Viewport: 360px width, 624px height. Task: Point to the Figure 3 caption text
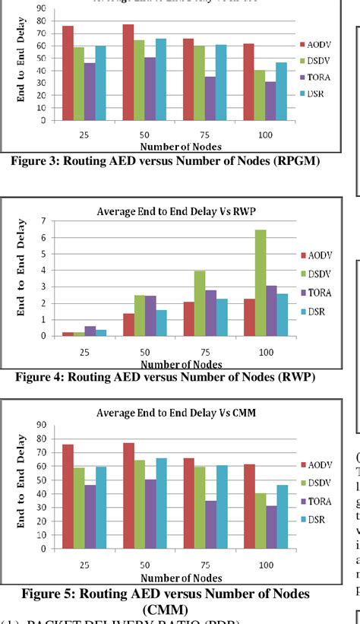pos(161,160)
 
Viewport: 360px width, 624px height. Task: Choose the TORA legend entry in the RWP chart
pos(317,290)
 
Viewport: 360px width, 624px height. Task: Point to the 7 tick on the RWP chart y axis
pos(45,220)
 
